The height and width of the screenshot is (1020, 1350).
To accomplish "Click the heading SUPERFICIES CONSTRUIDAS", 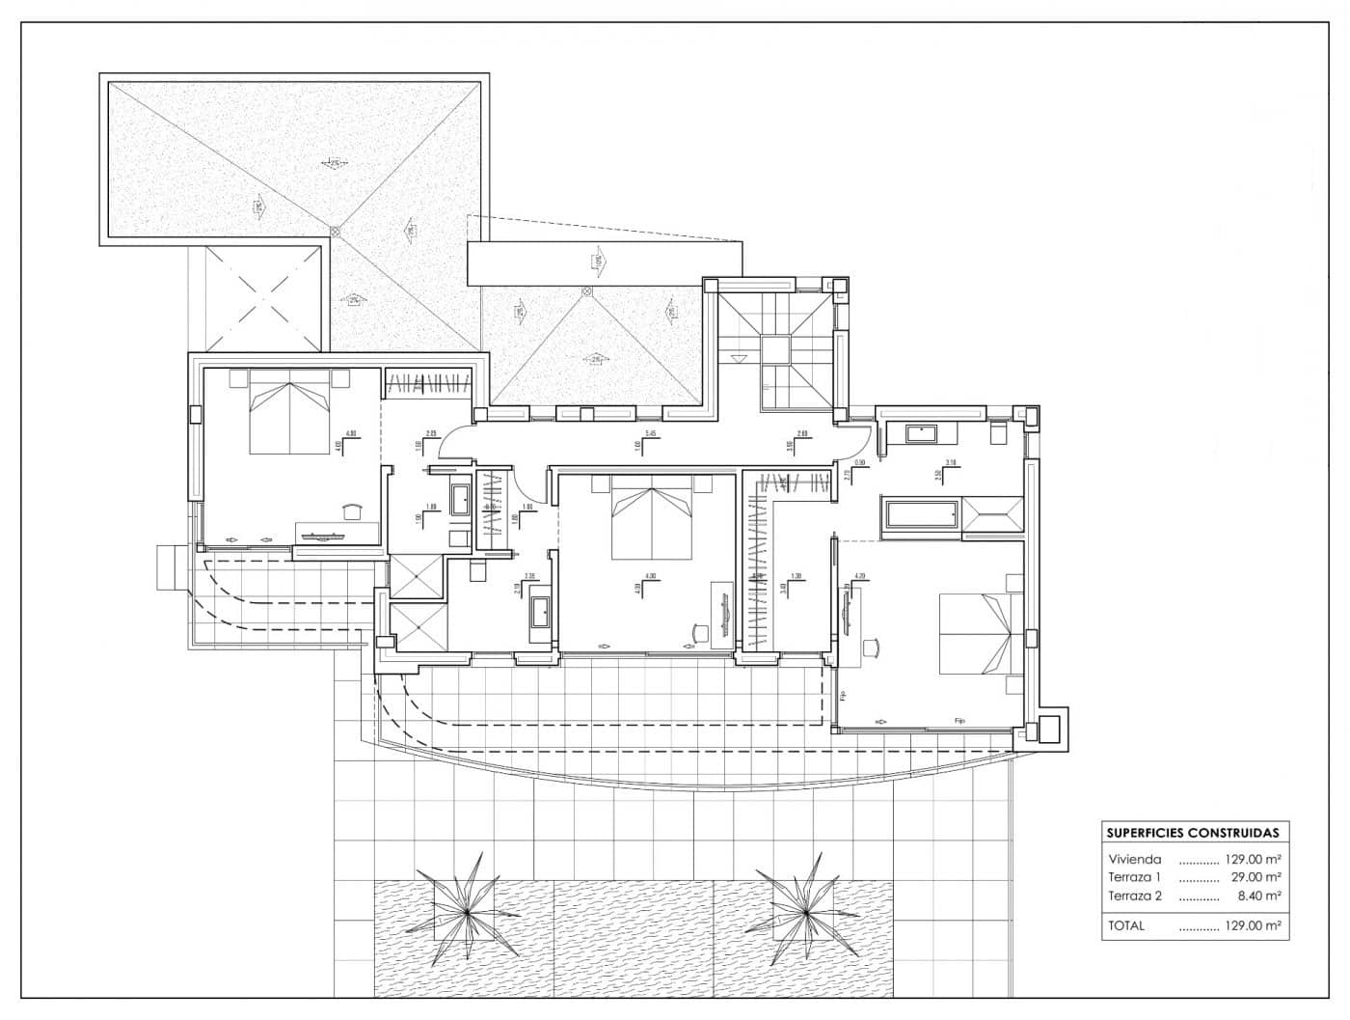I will (x=1193, y=833).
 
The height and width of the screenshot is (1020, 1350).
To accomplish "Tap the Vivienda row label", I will (x=1135, y=858).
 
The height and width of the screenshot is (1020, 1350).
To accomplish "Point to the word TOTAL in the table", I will (x=1126, y=925).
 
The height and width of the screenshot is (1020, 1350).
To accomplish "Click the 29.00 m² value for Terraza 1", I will (x=1258, y=877).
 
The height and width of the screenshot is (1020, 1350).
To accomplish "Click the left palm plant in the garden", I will (x=467, y=910).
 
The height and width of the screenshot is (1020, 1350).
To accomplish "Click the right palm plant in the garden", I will (x=803, y=908).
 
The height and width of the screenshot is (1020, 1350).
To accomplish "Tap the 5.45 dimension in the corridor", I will (x=652, y=434).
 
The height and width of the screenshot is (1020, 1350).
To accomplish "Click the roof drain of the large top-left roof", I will (x=335, y=231).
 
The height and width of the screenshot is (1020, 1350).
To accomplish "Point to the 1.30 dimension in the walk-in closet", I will (x=796, y=576).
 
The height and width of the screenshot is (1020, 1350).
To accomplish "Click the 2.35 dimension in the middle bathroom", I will (x=530, y=576).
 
